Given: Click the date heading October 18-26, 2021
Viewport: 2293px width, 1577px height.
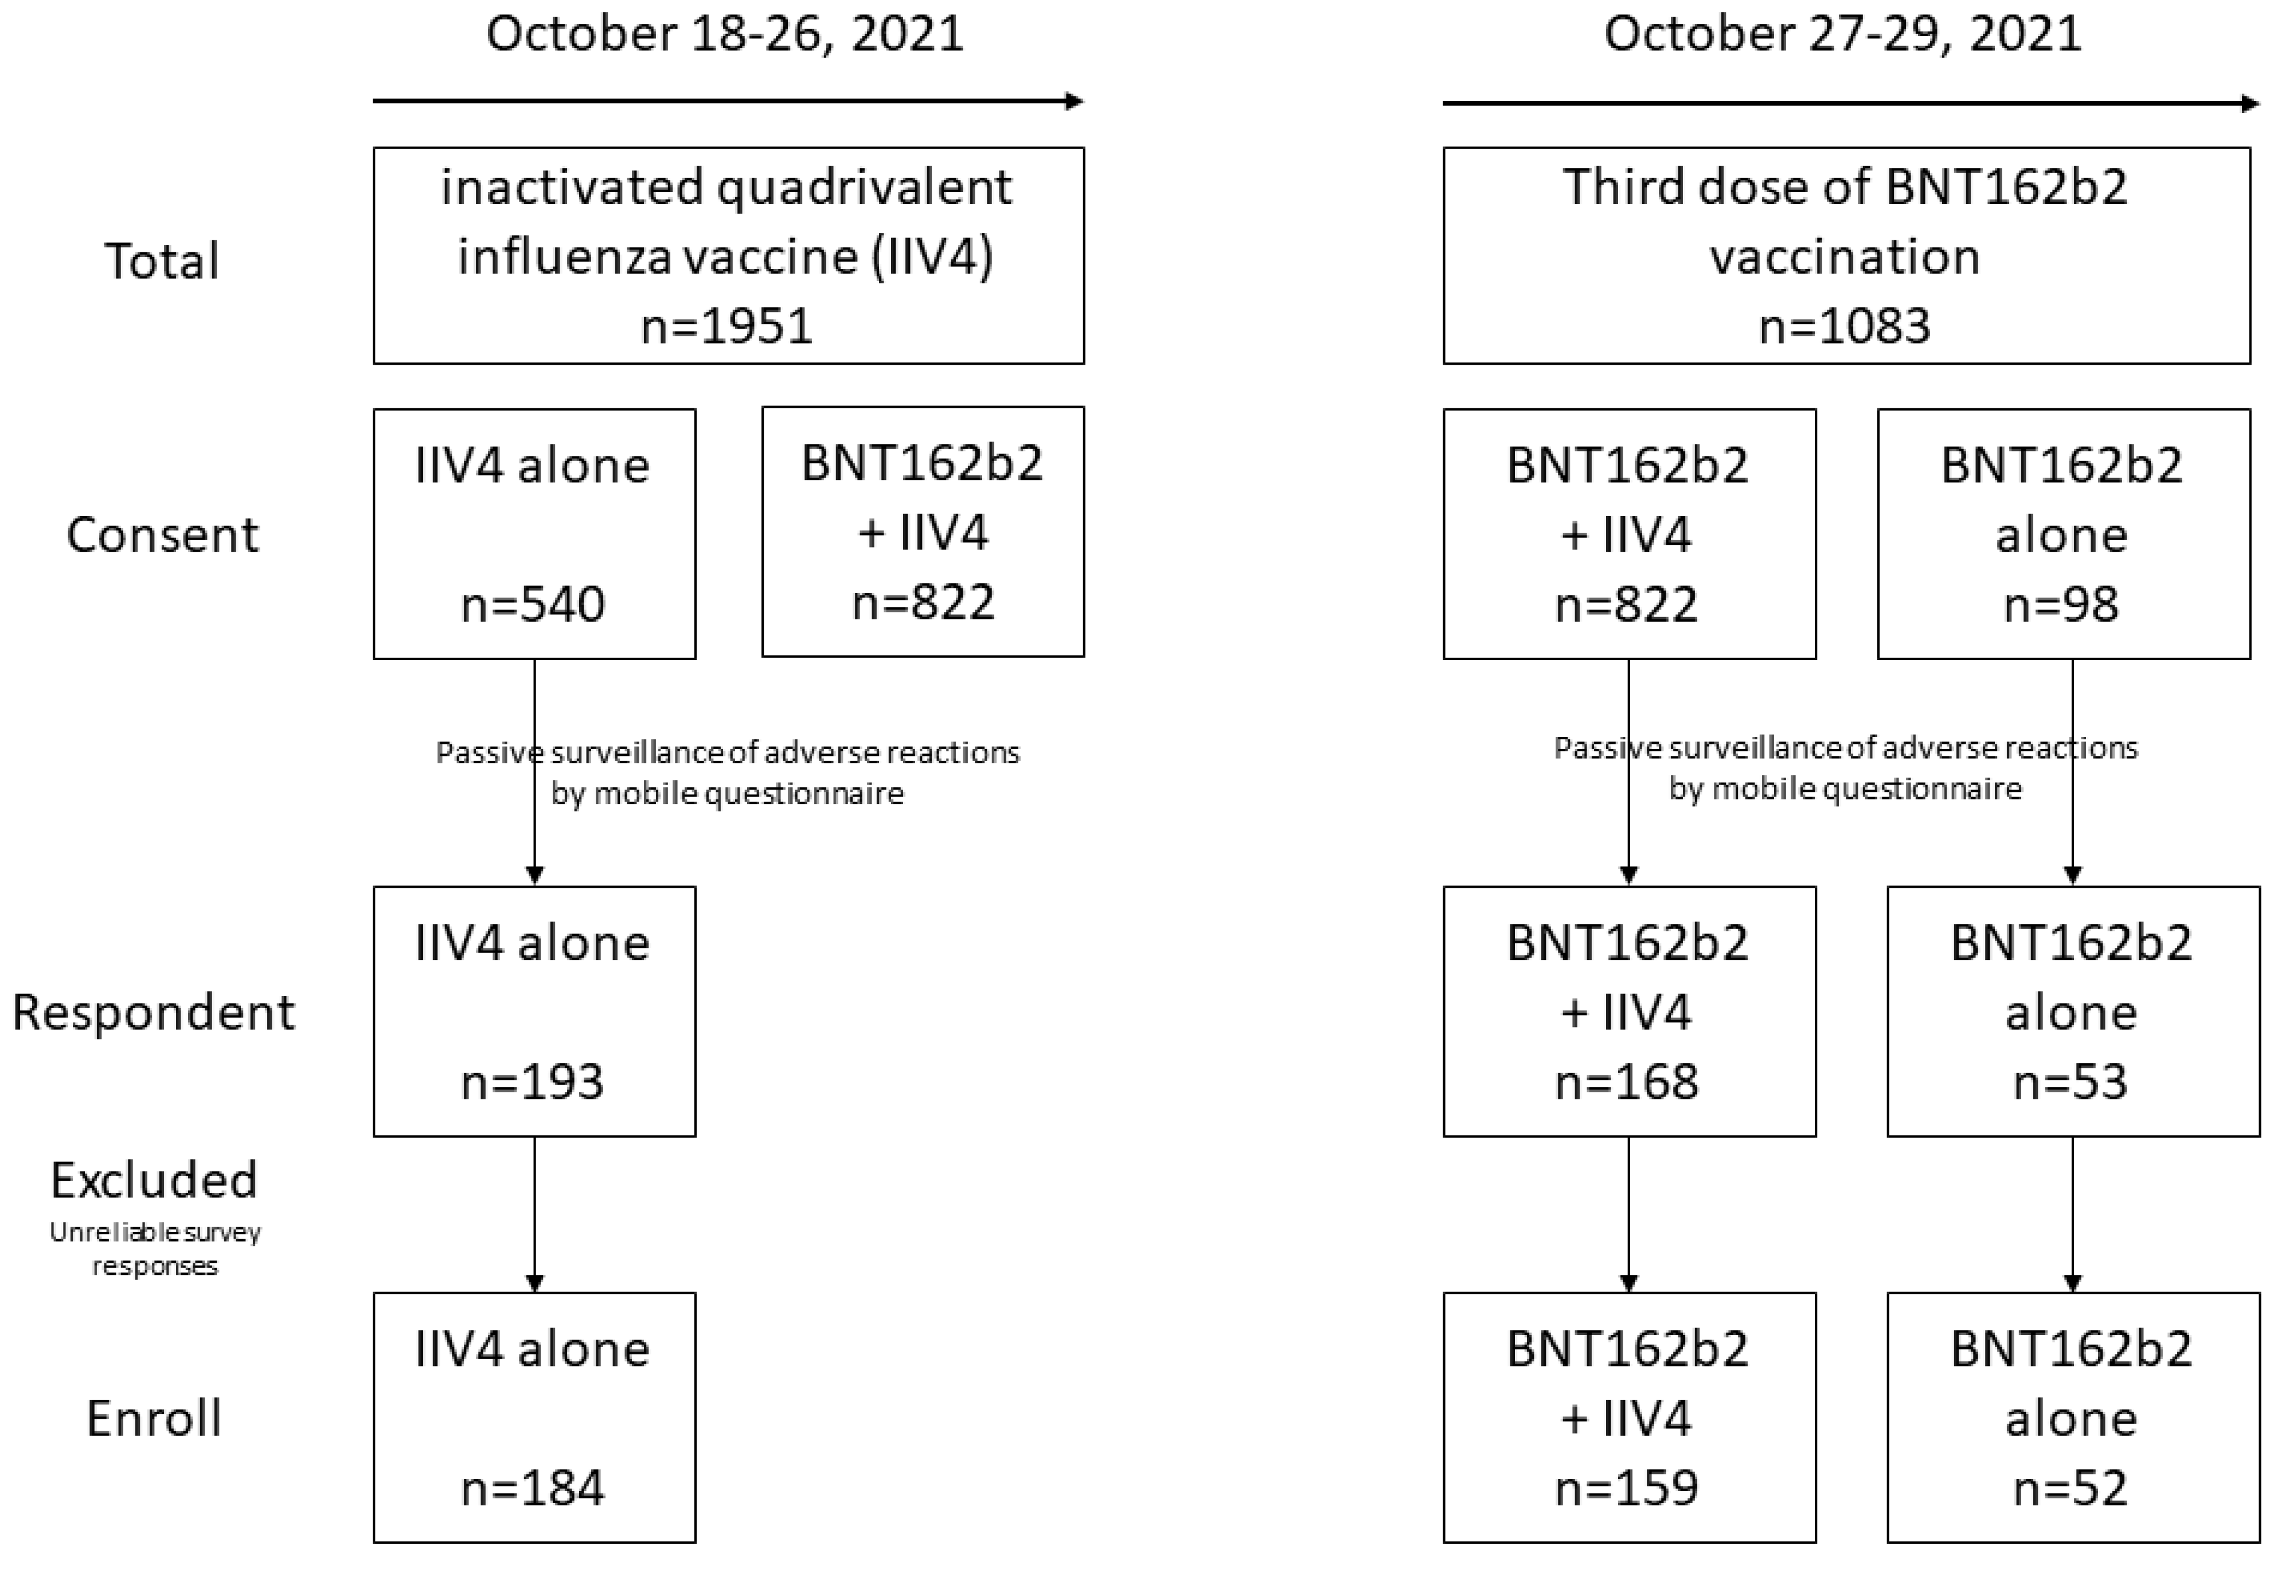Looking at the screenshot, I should tap(724, 34).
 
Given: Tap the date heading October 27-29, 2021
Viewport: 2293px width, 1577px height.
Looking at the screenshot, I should tap(1842, 34).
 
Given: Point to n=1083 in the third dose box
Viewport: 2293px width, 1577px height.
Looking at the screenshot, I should tap(1845, 326).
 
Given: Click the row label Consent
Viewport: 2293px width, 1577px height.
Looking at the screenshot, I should tap(162, 536).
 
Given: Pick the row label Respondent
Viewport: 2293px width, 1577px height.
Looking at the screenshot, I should tap(153, 1013).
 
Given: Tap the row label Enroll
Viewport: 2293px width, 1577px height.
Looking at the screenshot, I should tap(154, 1419).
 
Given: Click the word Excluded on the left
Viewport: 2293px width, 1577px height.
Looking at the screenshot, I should tap(154, 1180).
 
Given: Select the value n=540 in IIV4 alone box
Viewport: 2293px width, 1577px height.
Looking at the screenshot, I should tap(533, 605).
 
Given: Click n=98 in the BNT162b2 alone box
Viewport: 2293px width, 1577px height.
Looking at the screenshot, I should tap(2061, 605).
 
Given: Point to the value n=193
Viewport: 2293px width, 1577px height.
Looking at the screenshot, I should tap(533, 1082).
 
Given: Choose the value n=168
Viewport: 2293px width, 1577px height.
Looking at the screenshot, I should tap(1627, 1082).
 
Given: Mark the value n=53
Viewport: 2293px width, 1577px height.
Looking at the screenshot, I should tap(2071, 1082).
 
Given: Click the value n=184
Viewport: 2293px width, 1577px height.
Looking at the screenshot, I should tap(533, 1488).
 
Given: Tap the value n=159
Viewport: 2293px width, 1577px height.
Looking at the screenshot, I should tap(1627, 1488).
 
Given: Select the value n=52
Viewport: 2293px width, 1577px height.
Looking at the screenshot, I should tap(2071, 1488).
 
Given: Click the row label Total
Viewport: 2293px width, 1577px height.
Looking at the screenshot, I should tap(162, 262).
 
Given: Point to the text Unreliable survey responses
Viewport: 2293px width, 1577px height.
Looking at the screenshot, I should tap(155, 1249).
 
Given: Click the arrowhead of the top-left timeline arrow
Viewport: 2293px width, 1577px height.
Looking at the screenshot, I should tap(1075, 101).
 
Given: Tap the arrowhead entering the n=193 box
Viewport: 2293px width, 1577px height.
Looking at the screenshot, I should tap(534, 876).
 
